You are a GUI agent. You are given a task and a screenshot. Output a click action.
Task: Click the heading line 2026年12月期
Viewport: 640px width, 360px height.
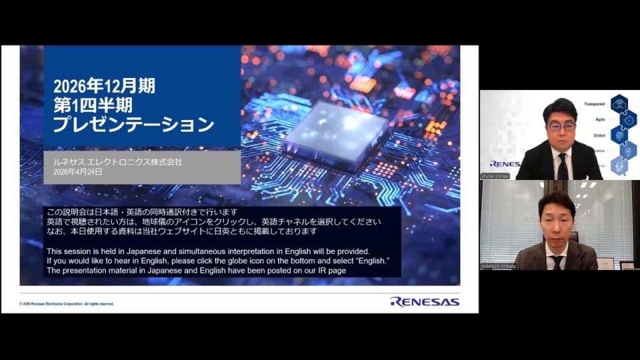tap(104, 85)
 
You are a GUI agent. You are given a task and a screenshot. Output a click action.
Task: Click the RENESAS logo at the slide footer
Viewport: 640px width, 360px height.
tap(425, 301)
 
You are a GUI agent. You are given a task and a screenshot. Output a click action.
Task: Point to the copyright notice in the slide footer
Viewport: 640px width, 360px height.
tap(67, 303)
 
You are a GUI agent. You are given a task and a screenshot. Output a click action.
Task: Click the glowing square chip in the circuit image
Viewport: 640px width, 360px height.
tap(335, 134)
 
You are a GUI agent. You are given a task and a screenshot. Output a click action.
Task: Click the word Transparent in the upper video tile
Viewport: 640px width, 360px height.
tap(594, 104)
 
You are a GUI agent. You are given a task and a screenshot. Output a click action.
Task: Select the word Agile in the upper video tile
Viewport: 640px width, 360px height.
tap(599, 119)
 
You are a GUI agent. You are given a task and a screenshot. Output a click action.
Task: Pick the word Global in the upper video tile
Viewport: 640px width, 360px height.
tap(599, 135)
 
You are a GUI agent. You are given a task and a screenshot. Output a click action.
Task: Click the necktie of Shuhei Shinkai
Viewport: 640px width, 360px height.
tap(562, 166)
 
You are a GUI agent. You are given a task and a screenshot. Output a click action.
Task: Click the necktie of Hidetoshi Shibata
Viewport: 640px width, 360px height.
tap(557, 261)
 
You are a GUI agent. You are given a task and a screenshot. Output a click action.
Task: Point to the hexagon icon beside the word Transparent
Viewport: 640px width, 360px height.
tap(619, 103)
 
